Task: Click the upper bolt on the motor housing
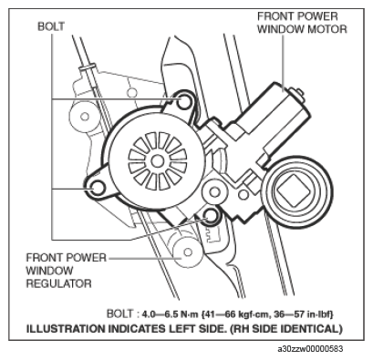pos(186,102)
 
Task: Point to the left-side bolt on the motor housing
pos(93,189)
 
